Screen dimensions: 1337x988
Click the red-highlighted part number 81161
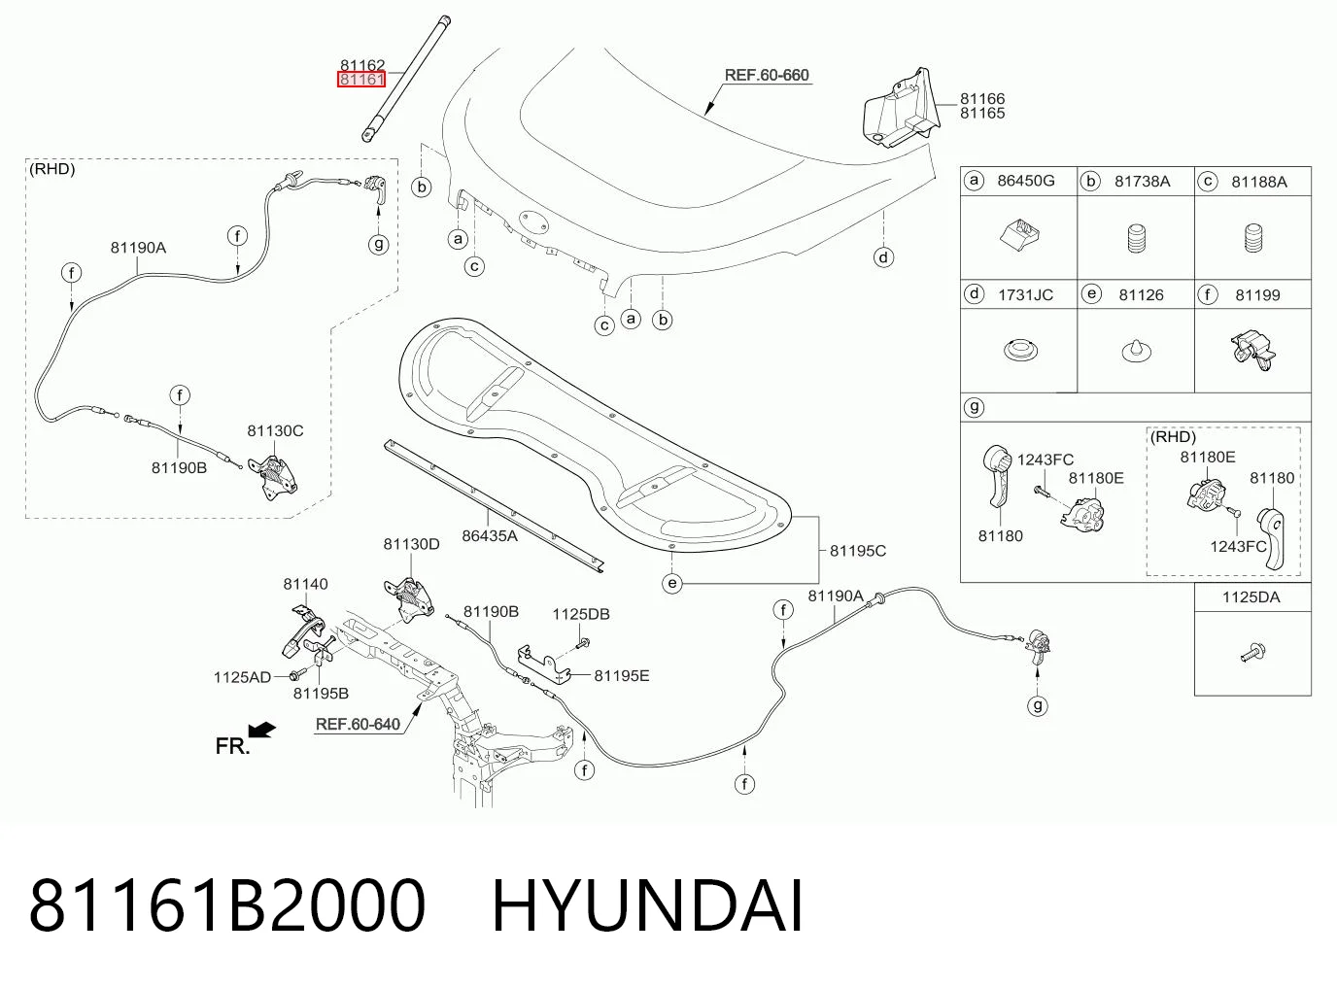coord(361,80)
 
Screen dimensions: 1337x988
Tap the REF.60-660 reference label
coord(767,76)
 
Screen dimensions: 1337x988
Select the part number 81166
coord(982,98)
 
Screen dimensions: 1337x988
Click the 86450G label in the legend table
coord(1026,181)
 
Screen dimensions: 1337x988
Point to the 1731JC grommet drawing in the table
coord(1020,350)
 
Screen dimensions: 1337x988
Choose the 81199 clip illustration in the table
coord(1252,351)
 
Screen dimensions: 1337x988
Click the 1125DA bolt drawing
coord(1252,652)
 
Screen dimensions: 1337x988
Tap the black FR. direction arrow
coord(262,730)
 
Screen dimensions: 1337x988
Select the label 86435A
coord(490,535)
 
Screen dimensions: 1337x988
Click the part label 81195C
coord(857,551)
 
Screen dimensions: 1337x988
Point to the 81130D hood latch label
coord(411,544)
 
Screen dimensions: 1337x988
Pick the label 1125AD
coord(242,677)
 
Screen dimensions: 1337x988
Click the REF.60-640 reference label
coord(358,724)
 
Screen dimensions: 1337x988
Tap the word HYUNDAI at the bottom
coord(647,906)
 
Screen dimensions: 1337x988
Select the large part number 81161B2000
coord(227,906)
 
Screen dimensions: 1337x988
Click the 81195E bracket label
coord(622,676)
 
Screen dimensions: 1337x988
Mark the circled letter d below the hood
coord(883,257)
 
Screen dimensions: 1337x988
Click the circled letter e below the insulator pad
coord(672,583)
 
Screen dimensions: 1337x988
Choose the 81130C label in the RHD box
coord(275,430)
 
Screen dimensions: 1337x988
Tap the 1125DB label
coord(581,614)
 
